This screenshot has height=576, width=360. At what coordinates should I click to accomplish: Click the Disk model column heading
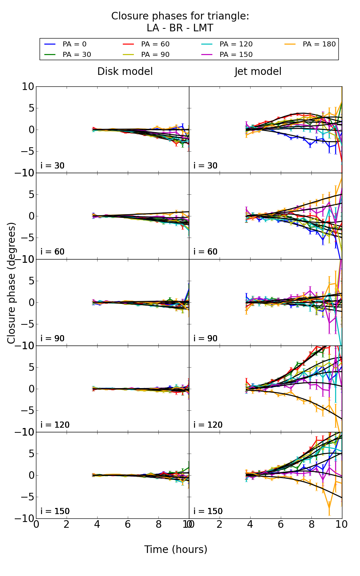(125, 72)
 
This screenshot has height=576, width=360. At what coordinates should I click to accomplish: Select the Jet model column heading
(258, 72)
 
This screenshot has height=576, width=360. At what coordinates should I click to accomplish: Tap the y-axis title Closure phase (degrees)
(12, 283)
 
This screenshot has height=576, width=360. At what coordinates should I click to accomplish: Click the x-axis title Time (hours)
(176, 549)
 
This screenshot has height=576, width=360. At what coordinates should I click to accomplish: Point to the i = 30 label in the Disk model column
(53, 166)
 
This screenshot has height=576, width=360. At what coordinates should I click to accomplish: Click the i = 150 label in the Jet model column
(208, 511)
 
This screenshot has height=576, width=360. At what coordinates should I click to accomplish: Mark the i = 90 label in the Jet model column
(206, 338)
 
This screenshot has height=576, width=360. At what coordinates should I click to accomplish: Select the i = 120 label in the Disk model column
(55, 425)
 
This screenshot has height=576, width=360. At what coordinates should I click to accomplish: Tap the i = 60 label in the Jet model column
(206, 252)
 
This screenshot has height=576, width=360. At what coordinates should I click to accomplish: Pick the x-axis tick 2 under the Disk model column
(67, 524)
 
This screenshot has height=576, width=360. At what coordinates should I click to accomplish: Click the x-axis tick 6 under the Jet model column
(281, 524)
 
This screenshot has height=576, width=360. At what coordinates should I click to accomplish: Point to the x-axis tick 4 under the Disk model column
(97, 524)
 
